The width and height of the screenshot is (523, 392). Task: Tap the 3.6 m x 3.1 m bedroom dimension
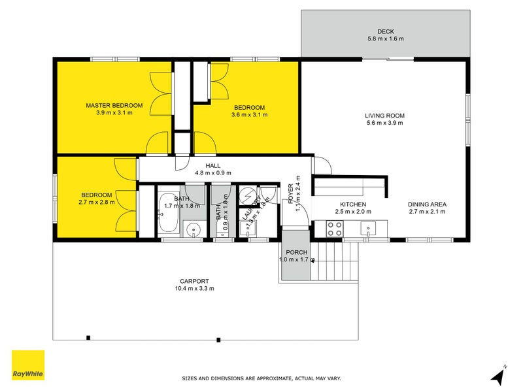coord(249,115)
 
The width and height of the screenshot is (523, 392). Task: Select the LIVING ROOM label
coord(384,116)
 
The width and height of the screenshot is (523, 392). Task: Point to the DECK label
coord(385,31)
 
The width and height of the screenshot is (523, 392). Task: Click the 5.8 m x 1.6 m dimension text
coord(385,39)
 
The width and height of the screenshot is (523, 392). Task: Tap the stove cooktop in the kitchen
coord(335,229)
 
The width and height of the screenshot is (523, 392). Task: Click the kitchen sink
coord(370,229)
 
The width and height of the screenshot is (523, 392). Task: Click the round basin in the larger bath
coord(193,229)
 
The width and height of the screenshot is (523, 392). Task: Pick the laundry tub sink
coord(248,229)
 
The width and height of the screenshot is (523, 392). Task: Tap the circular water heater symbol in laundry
coord(248,195)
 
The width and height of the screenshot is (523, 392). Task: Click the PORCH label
coord(296,252)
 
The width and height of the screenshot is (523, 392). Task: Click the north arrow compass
coord(498,376)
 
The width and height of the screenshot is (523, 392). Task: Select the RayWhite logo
coord(28,365)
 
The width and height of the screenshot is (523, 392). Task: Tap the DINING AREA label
coord(427,204)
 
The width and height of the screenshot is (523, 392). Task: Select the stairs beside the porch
coord(335,261)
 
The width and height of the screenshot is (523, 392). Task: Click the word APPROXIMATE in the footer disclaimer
coord(263,378)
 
